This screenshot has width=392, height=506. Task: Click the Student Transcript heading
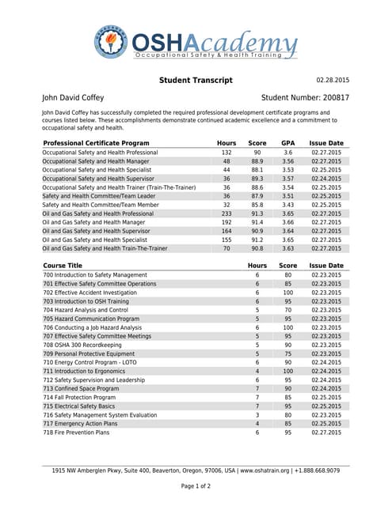pos(196,81)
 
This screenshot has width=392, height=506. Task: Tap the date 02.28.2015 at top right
pos(333,81)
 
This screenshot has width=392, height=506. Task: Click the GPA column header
pos(288,143)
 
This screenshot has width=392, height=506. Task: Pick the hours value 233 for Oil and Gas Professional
pos(226,213)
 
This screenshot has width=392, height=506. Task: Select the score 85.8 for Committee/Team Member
pos(257,205)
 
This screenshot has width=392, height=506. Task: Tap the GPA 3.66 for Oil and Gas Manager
pos(288,222)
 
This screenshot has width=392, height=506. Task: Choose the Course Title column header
pos(63,266)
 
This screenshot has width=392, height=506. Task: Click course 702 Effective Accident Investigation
pos(89,293)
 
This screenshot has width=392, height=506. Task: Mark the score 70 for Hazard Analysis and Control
pos(288,310)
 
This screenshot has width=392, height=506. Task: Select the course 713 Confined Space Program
pos(81,389)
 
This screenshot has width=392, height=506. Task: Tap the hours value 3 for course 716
pos(257,415)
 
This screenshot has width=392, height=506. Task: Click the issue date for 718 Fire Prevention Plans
pos(326,432)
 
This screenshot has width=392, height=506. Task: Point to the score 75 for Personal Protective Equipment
pos(288,354)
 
